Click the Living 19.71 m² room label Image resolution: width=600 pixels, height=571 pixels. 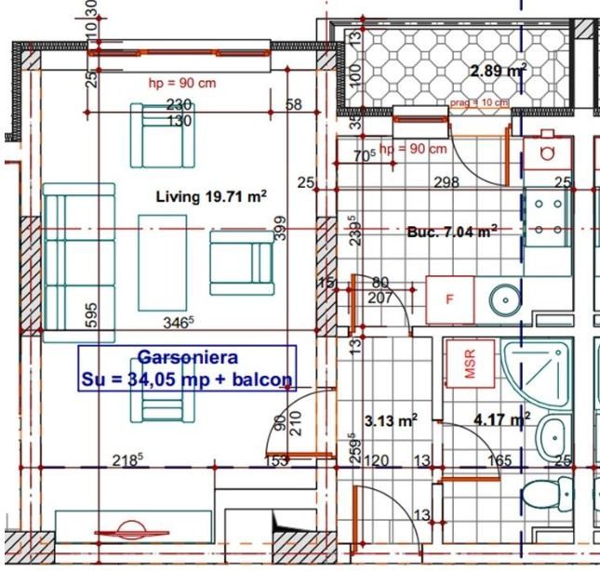click(x=210, y=196)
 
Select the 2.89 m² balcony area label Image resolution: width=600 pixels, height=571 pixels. click(x=498, y=71)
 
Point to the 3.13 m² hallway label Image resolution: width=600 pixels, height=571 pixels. click(x=391, y=420)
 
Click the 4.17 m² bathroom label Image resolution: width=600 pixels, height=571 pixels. click(x=501, y=419)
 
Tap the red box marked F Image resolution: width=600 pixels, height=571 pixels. click(x=449, y=299)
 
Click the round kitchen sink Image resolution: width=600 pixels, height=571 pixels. click(x=507, y=299)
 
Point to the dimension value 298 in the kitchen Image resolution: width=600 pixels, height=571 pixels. click(x=447, y=183)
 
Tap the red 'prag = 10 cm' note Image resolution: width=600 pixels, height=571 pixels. click(x=479, y=103)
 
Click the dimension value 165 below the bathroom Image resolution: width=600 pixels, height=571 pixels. click(x=500, y=459)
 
